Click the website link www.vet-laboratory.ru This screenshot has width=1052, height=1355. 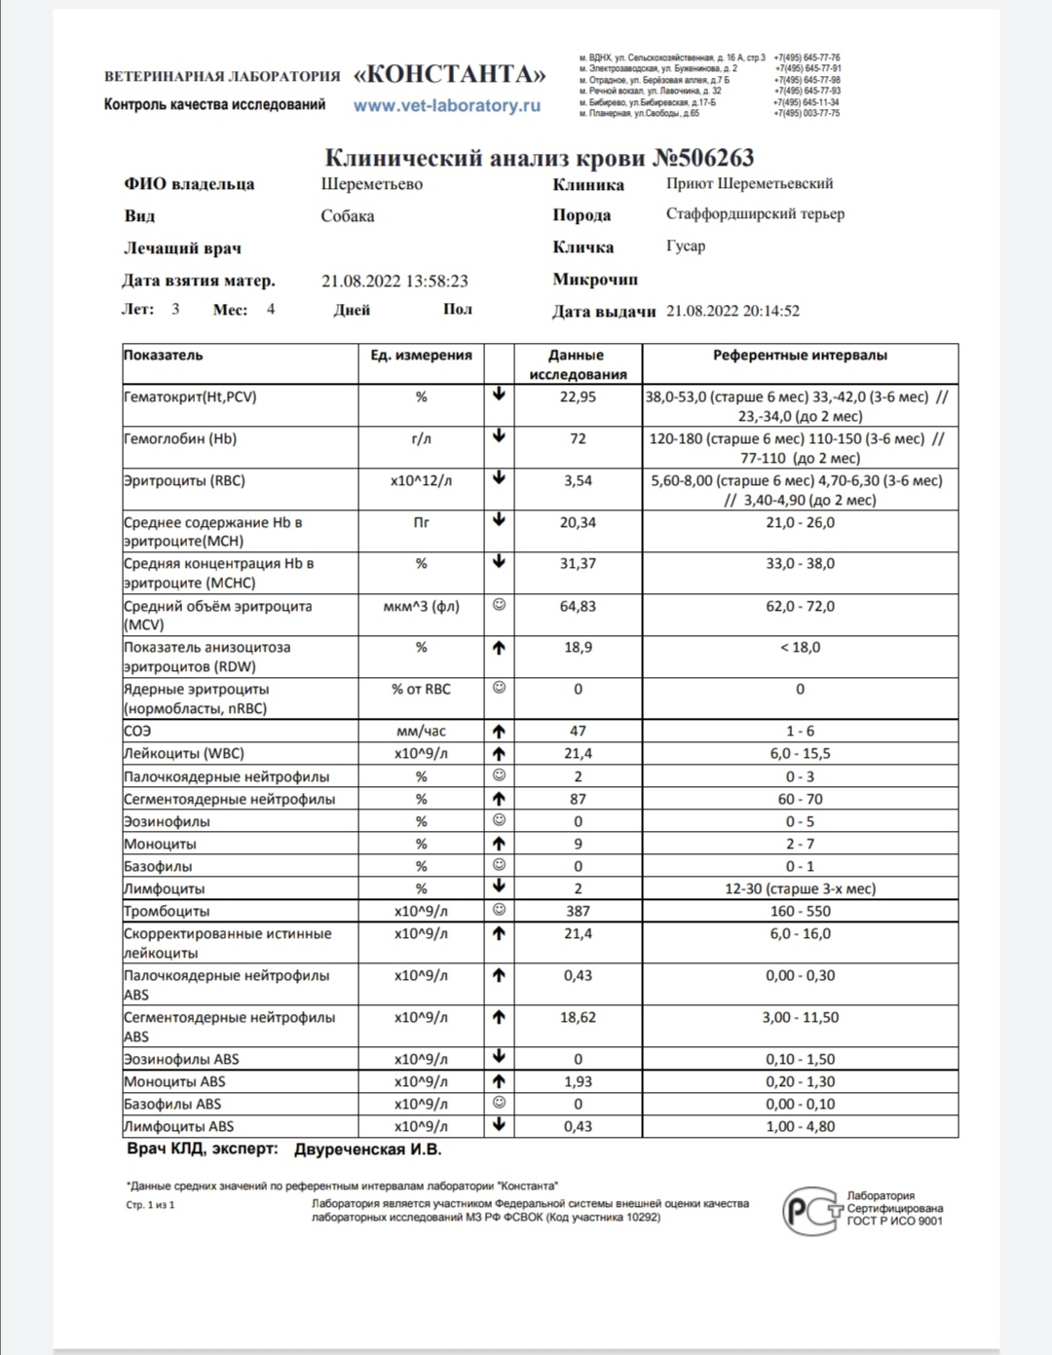[x=446, y=106]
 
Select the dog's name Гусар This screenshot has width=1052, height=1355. [x=686, y=246]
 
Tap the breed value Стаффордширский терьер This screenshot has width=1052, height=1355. [x=755, y=214]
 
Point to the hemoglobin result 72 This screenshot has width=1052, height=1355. [x=578, y=439]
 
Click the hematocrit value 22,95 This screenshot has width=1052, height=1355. [x=578, y=397]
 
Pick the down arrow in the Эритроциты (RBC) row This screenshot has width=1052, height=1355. [x=499, y=478]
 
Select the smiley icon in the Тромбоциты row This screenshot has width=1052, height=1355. [x=499, y=910]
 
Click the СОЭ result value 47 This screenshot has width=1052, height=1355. [x=578, y=731]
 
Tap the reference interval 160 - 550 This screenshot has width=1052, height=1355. [x=800, y=912]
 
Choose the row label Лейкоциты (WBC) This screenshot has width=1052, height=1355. [x=184, y=754]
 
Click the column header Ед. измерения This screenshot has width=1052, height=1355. [x=421, y=356]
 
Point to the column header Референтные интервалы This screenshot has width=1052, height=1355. [x=800, y=356]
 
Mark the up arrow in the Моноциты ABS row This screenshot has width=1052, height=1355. [x=499, y=1081]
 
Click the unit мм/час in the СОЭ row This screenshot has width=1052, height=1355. [x=421, y=731]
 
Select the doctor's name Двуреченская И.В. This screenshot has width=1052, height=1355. [x=367, y=1149]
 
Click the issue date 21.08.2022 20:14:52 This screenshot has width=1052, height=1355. [x=733, y=312]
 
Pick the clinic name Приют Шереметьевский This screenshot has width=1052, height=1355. [x=749, y=183]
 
